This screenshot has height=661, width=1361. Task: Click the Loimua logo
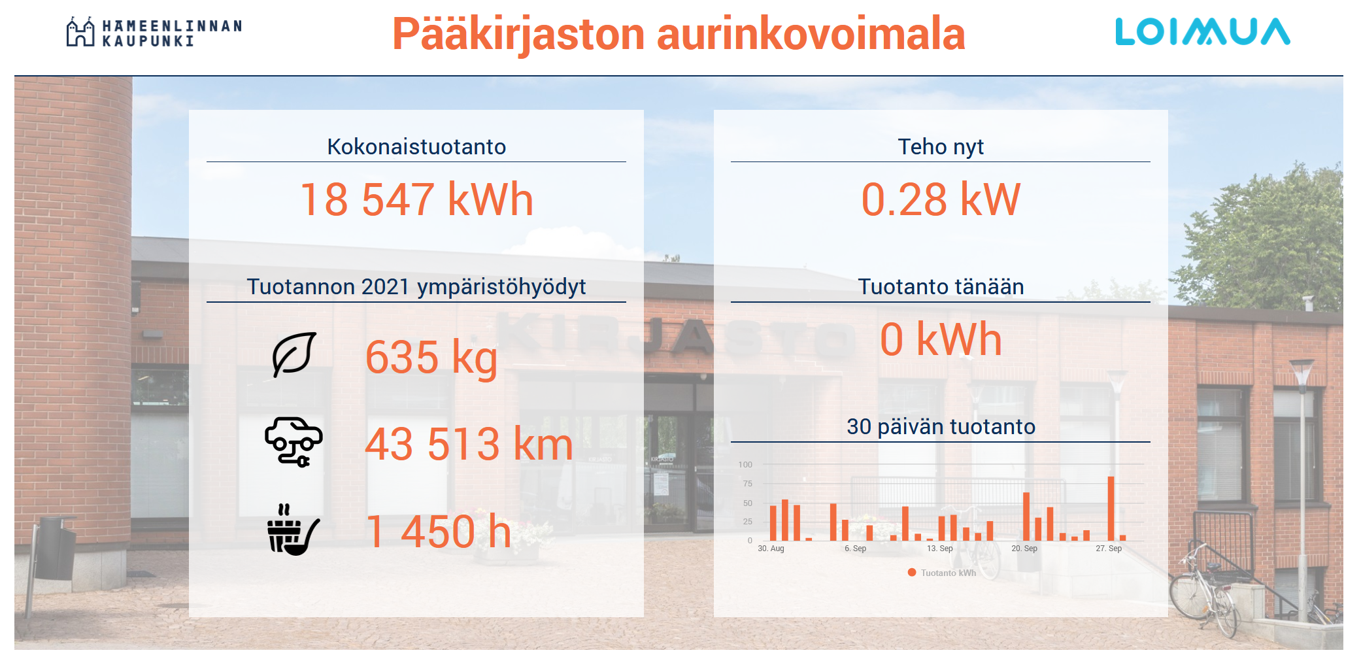point(1202,31)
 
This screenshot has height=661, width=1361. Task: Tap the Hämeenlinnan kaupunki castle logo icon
point(80,31)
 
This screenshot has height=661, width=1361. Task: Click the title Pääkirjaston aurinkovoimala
point(679,34)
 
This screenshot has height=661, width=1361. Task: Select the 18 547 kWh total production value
point(416,199)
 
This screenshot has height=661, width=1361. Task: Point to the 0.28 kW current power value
point(941,199)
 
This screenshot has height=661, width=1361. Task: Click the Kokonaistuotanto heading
point(416,146)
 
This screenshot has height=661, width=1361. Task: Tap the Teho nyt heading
point(941,147)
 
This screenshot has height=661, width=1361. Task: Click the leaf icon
point(294,354)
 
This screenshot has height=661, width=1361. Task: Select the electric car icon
point(294,442)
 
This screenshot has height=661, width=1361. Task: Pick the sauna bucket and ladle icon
point(294,530)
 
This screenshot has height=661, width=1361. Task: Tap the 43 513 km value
point(469,445)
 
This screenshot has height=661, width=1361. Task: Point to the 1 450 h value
point(439,532)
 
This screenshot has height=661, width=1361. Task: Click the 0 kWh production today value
point(941,339)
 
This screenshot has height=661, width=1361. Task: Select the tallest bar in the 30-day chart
point(1111,509)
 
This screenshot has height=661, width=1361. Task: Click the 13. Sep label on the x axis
point(940,549)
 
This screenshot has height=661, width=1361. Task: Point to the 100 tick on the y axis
point(745,465)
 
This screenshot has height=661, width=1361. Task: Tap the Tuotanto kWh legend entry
point(942,573)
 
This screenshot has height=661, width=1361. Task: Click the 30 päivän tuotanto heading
point(941,427)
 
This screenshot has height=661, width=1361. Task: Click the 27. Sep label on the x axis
point(1109,549)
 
